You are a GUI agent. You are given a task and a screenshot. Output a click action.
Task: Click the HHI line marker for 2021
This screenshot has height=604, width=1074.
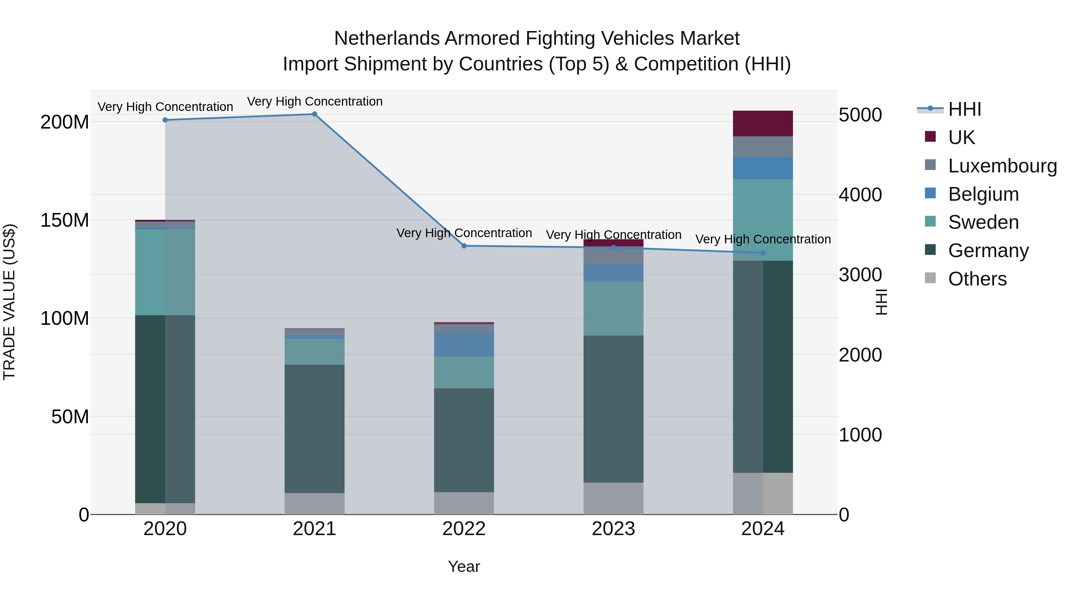click(314, 114)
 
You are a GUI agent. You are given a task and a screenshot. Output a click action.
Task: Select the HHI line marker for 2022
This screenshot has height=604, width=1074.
click(464, 246)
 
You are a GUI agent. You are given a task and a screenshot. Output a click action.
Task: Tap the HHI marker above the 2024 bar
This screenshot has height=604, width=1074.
click(763, 253)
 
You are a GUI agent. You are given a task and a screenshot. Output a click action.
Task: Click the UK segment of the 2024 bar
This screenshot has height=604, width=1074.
click(763, 123)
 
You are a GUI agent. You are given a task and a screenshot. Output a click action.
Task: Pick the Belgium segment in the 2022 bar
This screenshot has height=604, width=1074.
click(464, 344)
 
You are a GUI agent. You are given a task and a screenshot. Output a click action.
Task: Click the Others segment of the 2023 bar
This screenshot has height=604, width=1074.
click(613, 498)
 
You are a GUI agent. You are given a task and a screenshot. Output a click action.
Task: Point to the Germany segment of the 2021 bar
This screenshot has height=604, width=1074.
click(314, 429)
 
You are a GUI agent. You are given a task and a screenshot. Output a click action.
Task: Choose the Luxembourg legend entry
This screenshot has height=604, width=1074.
click(1002, 166)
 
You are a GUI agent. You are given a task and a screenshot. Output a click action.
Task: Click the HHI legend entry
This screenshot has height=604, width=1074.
click(964, 109)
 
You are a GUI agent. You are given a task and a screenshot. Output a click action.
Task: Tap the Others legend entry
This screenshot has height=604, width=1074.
click(977, 279)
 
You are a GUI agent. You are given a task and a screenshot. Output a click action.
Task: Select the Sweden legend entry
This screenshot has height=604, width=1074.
click(983, 222)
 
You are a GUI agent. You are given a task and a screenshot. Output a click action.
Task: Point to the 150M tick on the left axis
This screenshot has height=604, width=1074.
click(65, 220)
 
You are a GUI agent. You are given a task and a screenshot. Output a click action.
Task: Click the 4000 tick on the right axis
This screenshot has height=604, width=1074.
click(860, 195)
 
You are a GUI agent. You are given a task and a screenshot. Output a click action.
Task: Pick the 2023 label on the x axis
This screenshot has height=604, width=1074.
click(613, 529)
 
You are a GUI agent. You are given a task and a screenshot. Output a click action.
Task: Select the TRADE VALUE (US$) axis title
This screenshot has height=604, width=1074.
click(9, 302)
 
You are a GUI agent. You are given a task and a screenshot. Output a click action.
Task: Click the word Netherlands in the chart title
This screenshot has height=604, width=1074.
click(386, 38)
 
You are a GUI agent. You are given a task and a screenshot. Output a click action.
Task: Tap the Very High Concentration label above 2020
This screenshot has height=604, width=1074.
click(165, 107)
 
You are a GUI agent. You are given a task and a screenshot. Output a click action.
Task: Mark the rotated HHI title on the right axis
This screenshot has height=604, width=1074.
click(881, 302)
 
